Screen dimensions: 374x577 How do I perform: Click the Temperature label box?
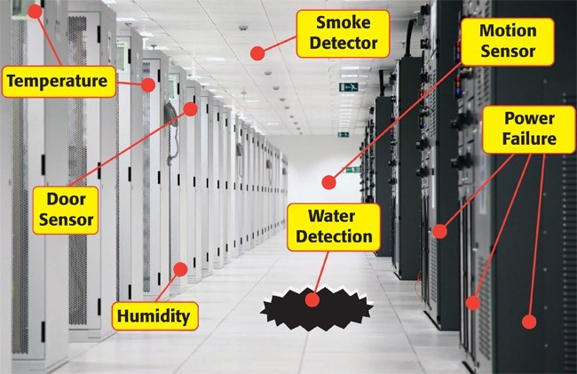[x=59, y=84]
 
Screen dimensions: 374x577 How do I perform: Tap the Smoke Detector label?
[x=336, y=32]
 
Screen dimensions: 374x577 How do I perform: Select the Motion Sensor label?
[x=507, y=40]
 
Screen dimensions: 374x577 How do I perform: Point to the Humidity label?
[x=154, y=314]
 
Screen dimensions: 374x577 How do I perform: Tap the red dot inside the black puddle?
[x=311, y=299]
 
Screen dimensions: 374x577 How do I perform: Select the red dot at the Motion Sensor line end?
[x=328, y=182]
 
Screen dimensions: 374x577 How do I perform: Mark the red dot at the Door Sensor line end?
[x=191, y=108]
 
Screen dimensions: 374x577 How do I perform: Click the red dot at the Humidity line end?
[x=179, y=267]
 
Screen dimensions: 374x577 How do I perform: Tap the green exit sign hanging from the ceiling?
[x=350, y=87]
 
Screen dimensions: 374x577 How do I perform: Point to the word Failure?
[x=530, y=139]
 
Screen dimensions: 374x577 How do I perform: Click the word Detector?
[x=336, y=42]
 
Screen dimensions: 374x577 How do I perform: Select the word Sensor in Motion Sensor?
[x=507, y=50]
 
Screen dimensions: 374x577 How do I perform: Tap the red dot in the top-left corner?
[x=35, y=12]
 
